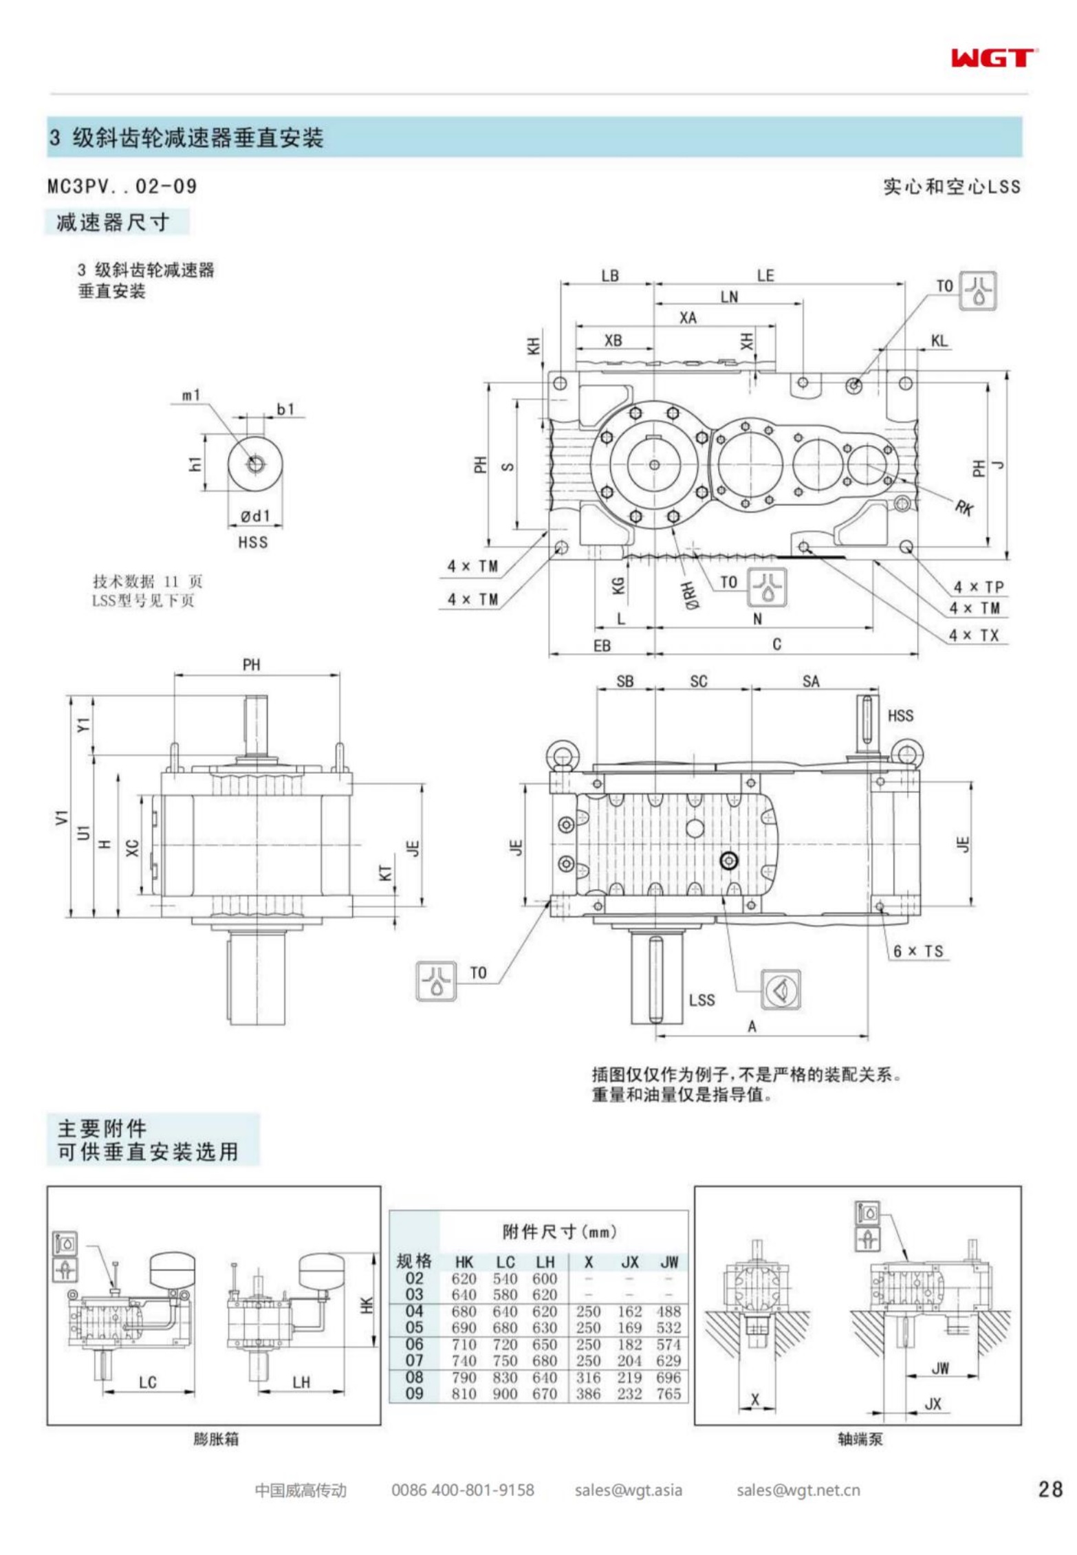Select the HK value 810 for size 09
[464, 1393]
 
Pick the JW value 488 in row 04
[668, 1311]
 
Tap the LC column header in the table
[505, 1261]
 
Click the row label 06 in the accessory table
[414, 1344]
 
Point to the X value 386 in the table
[588, 1393]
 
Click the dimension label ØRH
[690, 595]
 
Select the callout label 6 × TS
[918, 951]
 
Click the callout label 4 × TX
[973, 635]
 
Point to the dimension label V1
[62, 817]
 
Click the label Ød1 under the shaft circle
[255, 516]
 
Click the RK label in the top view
[964, 508]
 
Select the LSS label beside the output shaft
[701, 999]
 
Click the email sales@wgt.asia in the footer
[628, 1490]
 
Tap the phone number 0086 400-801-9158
[462, 1490]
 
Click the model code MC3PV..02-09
[122, 186]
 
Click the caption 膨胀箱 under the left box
[215, 1439]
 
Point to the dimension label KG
[618, 585]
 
